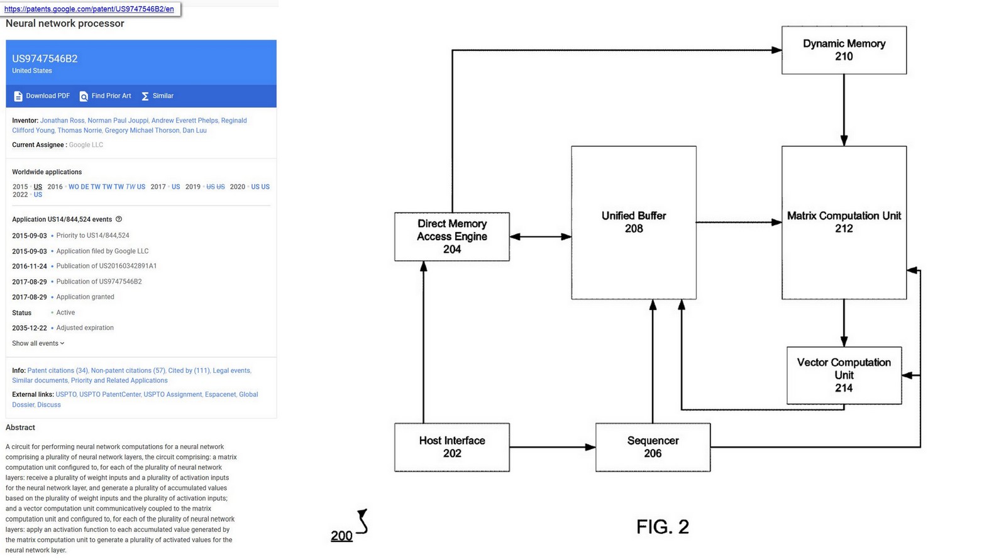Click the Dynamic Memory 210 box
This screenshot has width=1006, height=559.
click(x=843, y=50)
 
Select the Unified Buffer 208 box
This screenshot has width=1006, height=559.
click(x=633, y=222)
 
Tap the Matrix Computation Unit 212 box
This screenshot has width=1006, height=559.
click(x=843, y=222)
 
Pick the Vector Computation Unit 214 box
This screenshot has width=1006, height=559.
click(x=843, y=375)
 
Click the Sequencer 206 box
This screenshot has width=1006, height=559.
click(x=653, y=447)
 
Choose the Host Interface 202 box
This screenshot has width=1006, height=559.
click(x=451, y=447)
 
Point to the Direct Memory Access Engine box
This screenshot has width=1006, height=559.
click(x=451, y=236)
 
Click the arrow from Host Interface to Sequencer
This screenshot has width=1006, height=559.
click(x=552, y=447)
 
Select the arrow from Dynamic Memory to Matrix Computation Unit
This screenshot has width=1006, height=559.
click(x=844, y=110)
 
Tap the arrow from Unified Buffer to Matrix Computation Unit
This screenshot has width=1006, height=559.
click(x=739, y=222)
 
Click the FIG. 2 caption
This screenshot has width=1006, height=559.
click(x=662, y=526)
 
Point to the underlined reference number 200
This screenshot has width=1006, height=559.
click(x=341, y=536)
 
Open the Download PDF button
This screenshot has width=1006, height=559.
click(x=41, y=96)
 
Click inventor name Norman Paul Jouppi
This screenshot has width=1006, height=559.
click(x=118, y=121)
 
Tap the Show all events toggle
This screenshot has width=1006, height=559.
click(x=38, y=343)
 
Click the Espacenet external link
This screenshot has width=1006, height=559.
click(x=220, y=395)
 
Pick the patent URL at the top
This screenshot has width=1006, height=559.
click(x=89, y=9)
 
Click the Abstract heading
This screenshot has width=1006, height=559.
click(x=20, y=428)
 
